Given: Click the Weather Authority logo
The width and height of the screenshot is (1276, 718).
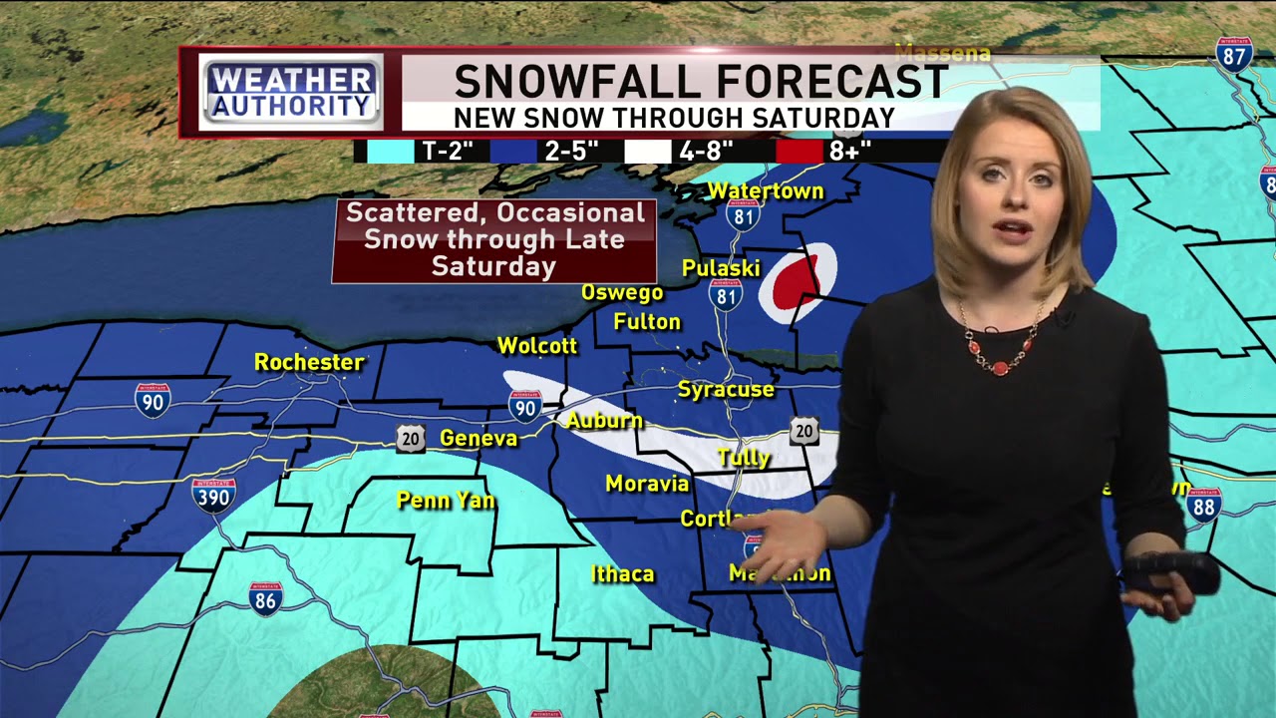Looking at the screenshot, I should tap(291, 92).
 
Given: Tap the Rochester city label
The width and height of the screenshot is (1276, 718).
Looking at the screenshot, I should tap(309, 362).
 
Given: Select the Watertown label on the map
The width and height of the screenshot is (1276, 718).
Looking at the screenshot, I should tap(766, 190).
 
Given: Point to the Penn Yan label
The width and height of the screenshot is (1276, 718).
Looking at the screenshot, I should tap(446, 500).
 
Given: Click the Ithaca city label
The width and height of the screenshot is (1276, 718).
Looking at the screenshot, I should tap(623, 573).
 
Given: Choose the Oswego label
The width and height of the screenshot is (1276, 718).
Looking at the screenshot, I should tap(622, 292).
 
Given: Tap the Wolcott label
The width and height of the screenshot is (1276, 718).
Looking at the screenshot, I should tap(537, 346).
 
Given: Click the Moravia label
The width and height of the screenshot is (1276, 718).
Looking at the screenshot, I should tap(647, 484).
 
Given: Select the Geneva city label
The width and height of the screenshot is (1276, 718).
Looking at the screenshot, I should tap(478, 438).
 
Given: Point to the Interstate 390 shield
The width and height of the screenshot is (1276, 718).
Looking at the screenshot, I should tap(213, 495).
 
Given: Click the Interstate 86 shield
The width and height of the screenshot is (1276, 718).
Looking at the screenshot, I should tap(265, 598).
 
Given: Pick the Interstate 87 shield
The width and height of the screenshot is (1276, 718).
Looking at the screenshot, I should tap(1234, 55).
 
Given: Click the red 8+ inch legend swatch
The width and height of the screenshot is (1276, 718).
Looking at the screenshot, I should tap(799, 152).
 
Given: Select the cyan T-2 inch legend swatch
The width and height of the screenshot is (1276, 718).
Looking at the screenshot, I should tap(390, 152).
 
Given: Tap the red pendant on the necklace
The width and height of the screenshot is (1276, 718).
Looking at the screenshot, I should tap(1000, 366).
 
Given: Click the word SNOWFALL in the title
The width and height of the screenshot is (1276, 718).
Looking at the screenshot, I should tap(579, 82).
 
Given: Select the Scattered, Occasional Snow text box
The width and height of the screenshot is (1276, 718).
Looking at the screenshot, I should tap(494, 240).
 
